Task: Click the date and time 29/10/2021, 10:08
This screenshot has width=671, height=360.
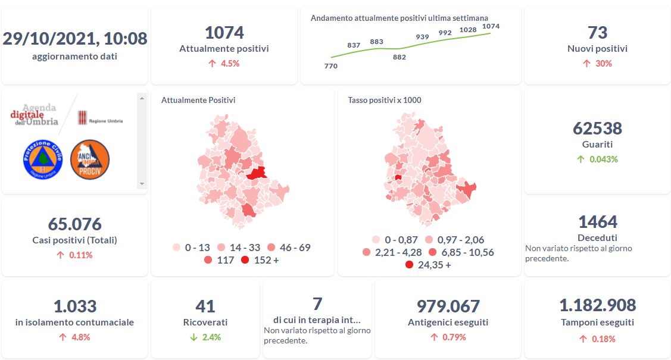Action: tap(74, 39)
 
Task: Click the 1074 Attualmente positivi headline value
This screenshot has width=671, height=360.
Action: tap(224, 32)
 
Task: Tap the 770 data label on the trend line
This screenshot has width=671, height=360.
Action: tap(331, 66)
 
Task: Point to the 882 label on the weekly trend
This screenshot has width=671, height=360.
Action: tap(400, 57)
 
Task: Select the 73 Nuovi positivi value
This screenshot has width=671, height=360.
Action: tap(597, 32)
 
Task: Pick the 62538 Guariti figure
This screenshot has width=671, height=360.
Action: tap(597, 128)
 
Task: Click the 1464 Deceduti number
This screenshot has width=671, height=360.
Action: tap(597, 222)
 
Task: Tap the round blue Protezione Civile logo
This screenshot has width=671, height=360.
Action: tap(43, 159)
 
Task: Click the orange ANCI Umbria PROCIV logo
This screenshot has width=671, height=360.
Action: tap(90, 159)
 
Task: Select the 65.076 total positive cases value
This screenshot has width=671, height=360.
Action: tap(74, 224)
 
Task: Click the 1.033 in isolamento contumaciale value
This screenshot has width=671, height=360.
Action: tap(74, 306)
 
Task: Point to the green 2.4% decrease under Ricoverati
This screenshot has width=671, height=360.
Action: tap(205, 337)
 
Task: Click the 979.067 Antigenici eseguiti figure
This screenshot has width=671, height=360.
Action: tap(448, 306)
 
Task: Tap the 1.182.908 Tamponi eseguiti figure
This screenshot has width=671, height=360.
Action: tap(597, 306)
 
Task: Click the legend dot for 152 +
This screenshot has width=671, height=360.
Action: tap(245, 261)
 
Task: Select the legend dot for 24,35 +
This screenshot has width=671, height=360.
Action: tap(409, 265)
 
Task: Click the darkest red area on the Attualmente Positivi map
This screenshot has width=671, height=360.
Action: tap(255, 173)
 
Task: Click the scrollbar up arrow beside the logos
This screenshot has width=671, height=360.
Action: tap(142, 98)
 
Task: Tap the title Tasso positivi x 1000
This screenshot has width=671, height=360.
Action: tap(385, 100)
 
